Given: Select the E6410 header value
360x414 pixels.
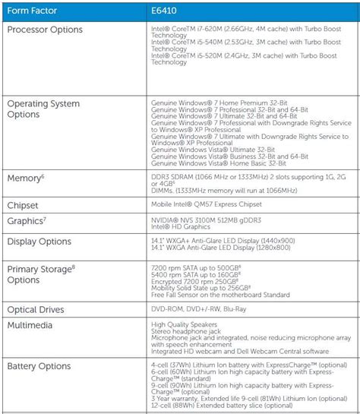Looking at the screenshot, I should tap(167, 11).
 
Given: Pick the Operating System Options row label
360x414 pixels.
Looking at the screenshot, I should tap(46, 109).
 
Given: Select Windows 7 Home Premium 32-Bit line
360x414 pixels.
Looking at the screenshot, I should tap(219, 101).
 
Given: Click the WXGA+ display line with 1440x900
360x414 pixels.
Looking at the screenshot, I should tap(223, 240).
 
